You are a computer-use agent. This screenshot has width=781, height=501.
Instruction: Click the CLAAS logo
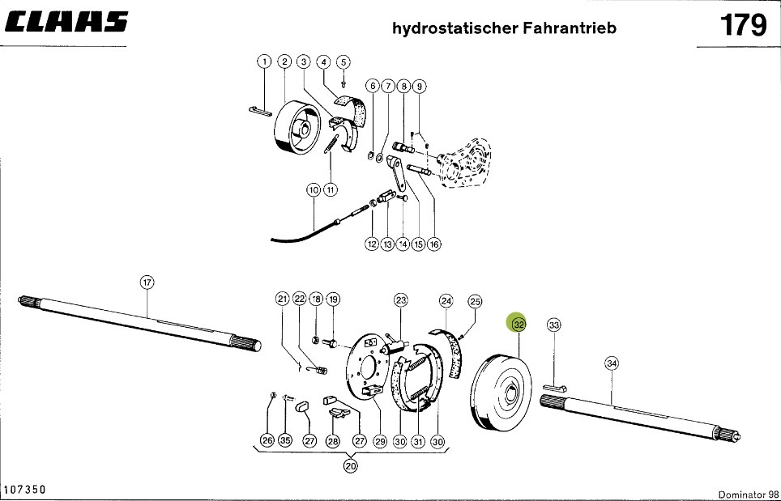tap(66, 22)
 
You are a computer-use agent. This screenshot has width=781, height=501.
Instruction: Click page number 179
tap(743, 26)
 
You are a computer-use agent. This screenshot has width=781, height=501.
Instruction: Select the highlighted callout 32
tap(519, 324)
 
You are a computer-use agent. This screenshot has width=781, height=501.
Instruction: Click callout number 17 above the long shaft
tap(147, 282)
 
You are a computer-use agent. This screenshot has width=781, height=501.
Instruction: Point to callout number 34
tap(612, 364)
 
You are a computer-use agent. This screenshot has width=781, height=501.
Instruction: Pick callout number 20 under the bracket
tap(350, 465)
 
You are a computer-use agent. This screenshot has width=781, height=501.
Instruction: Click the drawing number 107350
tap(24, 490)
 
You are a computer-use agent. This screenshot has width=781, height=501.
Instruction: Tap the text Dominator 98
tap(748, 495)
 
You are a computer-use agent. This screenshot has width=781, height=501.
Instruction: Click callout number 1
tap(264, 62)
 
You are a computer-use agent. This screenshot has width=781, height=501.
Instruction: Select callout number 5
tap(343, 62)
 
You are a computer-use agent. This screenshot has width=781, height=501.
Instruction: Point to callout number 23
tap(400, 300)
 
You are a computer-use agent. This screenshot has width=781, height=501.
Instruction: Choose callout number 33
tap(554, 325)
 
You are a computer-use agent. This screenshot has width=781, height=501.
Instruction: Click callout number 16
tap(434, 244)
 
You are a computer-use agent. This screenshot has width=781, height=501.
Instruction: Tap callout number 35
tap(284, 441)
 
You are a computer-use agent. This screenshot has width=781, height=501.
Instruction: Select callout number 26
tap(267, 441)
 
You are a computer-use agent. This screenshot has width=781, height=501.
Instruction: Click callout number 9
tap(419, 86)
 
